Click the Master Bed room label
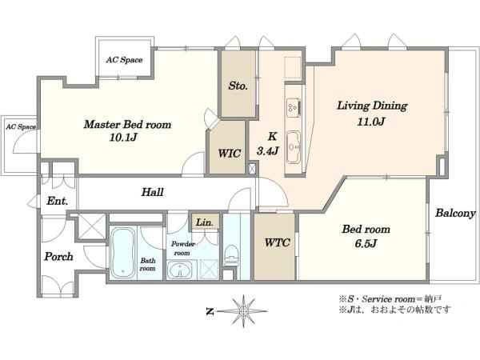(127, 125)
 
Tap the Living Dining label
(372, 106)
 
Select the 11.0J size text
(370, 122)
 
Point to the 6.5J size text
(366, 243)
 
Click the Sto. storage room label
(238, 86)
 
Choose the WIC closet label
(230, 153)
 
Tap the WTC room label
(278, 242)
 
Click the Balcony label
(455, 213)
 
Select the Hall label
(152, 192)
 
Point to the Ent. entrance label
(58, 201)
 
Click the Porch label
(58, 257)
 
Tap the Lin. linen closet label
(205, 222)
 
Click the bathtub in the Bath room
(122, 253)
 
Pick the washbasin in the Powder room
(180, 270)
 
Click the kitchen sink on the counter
(294, 147)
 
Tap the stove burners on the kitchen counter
(294, 107)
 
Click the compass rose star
(243, 311)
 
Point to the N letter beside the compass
(210, 312)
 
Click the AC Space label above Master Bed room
(124, 60)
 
